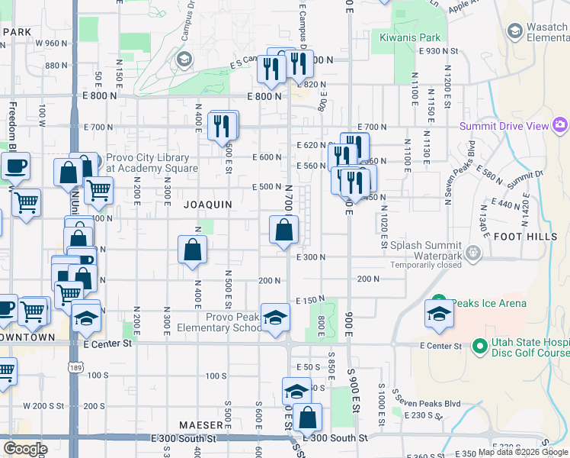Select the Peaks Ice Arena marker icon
pos(438,302)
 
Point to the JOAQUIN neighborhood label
pos(207,205)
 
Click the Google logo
pos(25,449)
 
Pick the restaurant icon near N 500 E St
pos(223,125)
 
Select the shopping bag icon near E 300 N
pos(283,230)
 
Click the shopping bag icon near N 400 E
pos(193,249)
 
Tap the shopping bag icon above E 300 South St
pos(307,418)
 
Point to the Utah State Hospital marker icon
pos(479,347)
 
